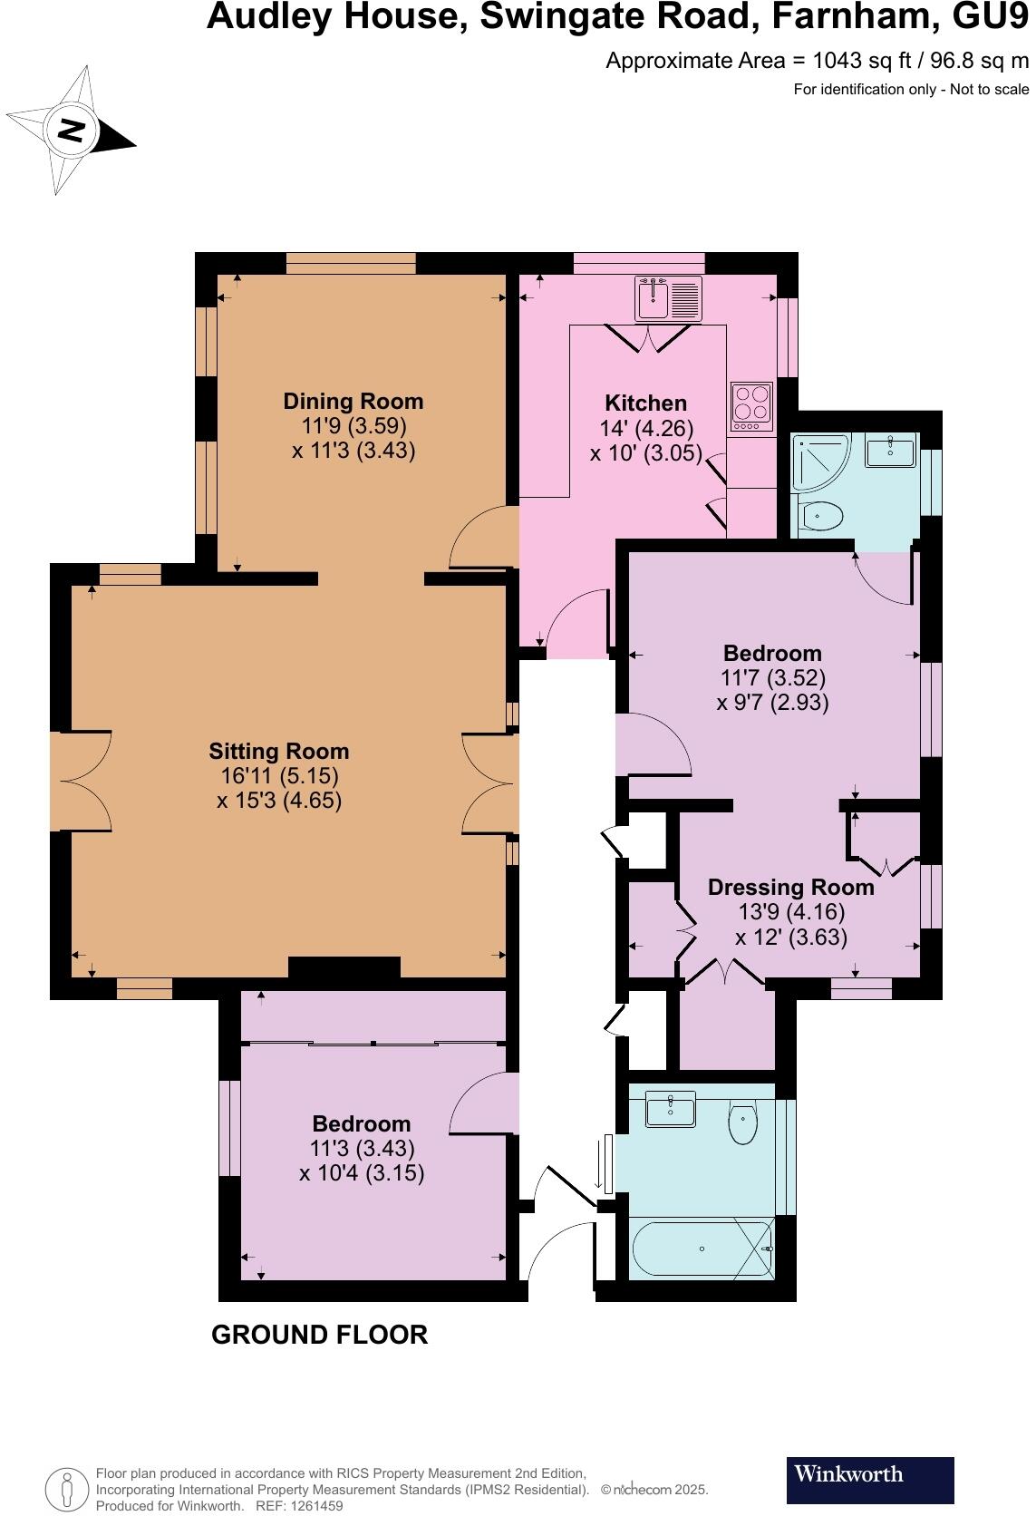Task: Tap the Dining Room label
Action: [x=353, y=402]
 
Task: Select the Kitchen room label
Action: [x=645, y=403]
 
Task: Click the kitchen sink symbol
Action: [x=669, y=299]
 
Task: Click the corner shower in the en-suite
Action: [x=818, y=463]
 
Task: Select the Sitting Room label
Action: [x=278, y=752]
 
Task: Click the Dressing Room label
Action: [x=790, y=888]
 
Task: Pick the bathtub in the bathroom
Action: [x=702, y=1249]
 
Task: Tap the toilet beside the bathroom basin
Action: [x=742, y=1124]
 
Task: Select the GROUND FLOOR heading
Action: [x=319, y=1335]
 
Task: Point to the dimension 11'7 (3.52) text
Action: [x=772, y=677]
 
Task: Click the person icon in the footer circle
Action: [x=66, y=1489]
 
